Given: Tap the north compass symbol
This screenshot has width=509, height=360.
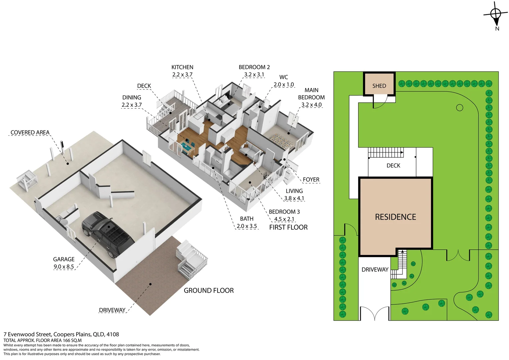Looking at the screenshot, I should (x=496, y=14).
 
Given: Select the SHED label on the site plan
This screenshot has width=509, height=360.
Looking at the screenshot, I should (x=379, y=86).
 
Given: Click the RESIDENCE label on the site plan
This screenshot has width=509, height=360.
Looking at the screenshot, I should (x=395, y=217).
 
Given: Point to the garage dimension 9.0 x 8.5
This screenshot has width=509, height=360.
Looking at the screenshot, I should (x=64, y=267).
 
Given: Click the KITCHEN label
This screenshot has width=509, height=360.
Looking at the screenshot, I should (x=182, y=67).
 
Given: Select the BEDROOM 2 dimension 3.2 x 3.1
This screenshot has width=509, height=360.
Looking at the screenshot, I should (x=254, y=75).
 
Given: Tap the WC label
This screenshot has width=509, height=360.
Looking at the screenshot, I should (x=283, y=77).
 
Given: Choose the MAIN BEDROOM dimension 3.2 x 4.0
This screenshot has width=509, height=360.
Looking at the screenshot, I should (x=311, y=105).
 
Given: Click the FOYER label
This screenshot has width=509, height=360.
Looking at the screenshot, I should (x=311, y=180).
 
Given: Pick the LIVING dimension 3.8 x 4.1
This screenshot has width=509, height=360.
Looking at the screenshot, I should (x=294, y=198).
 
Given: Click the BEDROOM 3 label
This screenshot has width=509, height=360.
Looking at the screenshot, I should (x=284, y=212).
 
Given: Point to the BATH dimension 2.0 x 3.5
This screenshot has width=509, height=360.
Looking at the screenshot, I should (x=247, y=226).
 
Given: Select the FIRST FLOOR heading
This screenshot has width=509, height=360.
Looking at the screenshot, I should (x=288, y=227).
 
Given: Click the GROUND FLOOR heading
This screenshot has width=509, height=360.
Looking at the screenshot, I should (x=209, y=291).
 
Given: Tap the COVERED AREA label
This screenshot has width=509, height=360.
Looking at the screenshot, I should (x=30, y=133).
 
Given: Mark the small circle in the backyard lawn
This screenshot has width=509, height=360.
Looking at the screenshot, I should (x=460, y=108).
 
